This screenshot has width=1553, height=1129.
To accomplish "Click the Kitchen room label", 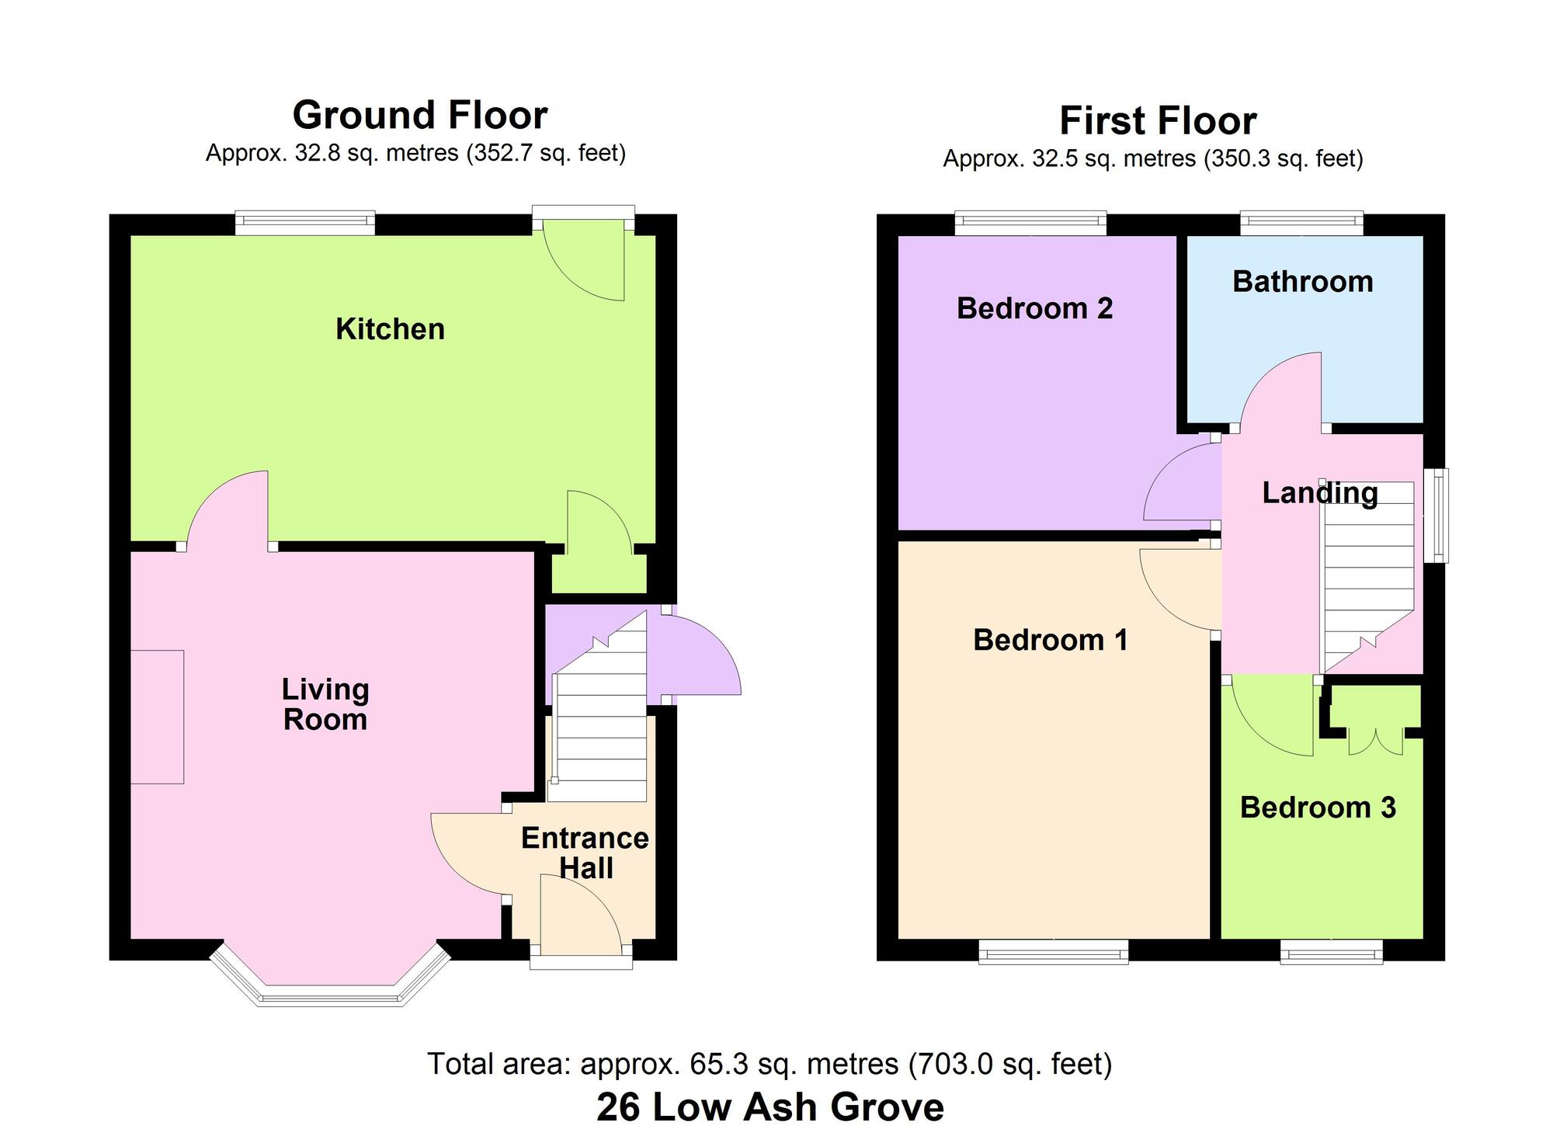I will tap(390, 329).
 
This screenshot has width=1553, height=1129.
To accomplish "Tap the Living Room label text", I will tap(325, 704).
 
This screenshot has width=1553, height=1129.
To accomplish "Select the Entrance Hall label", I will tap(585, 853).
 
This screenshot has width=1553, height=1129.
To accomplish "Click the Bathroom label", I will tap(1302, 281).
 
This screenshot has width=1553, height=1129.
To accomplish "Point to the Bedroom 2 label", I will tap(1034, 308).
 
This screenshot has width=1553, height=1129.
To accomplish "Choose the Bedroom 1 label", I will tap(1050, 640).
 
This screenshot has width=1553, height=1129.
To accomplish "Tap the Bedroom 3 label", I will tap(1318, 808).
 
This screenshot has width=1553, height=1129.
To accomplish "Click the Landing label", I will tap(1319, 492).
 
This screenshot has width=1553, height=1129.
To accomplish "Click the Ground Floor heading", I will tap(419, 115).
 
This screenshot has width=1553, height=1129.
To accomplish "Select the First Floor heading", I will tap(1158, 121).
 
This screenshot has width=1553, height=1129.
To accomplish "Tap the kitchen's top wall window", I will tap(305, 224).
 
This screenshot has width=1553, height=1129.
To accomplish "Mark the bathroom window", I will tap(1301, 224).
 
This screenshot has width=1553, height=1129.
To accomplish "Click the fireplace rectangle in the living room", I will tap(157, 717).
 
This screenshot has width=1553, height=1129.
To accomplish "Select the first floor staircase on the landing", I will tap(1368, 575).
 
